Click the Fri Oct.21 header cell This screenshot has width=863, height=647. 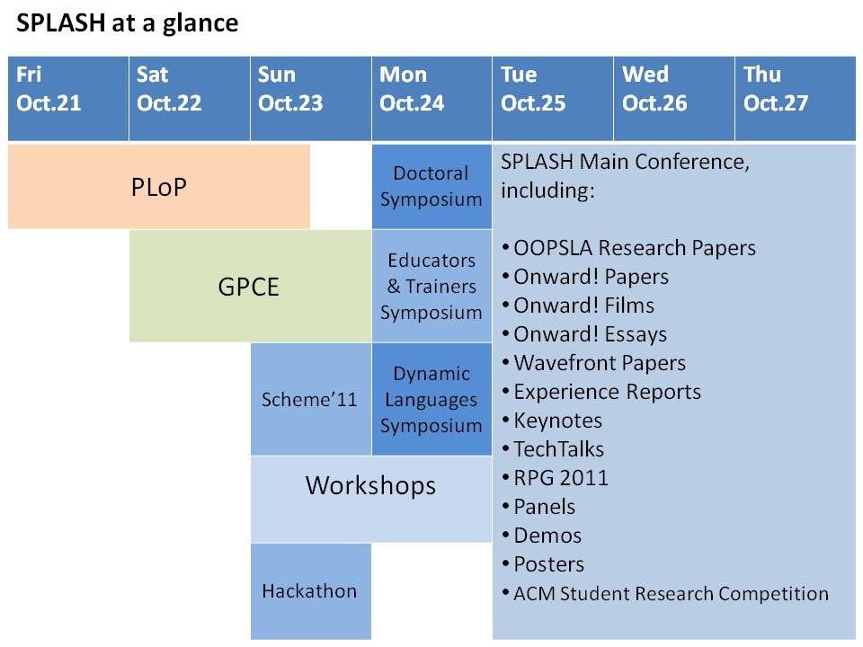[68, 99]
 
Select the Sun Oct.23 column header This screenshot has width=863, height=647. [311, 99]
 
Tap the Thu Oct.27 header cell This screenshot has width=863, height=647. [796, 99]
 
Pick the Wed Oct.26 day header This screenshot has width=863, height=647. [674, 99]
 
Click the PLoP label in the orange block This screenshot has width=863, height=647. [159, 187]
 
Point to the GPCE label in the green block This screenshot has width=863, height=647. [249, 287]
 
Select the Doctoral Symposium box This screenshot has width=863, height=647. [431, 187]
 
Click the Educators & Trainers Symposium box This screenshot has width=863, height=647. [431, 286]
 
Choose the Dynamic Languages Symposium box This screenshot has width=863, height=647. [431, 399]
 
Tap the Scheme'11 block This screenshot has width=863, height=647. [311, 399]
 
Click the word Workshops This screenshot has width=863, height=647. [371, 486]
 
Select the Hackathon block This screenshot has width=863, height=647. [311, 591]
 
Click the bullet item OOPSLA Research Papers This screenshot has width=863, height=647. [629, 249]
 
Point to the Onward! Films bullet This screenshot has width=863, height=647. [578, 306]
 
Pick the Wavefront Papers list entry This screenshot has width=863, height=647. [594, 363]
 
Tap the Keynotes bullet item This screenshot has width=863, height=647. [552, 421]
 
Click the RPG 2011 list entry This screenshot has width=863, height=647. [556, 478]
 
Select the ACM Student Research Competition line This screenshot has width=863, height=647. [665, 594]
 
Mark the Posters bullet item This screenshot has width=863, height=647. [543, 564]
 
